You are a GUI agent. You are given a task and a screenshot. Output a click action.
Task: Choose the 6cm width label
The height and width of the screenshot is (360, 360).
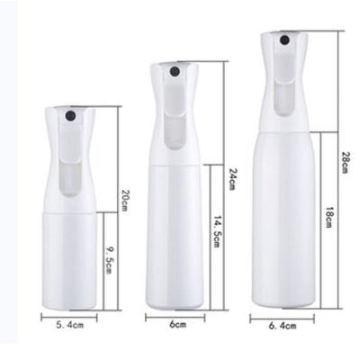click(x=175, y=323)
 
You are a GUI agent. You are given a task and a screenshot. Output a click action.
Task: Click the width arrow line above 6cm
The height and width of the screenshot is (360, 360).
click(x=175, y=316)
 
